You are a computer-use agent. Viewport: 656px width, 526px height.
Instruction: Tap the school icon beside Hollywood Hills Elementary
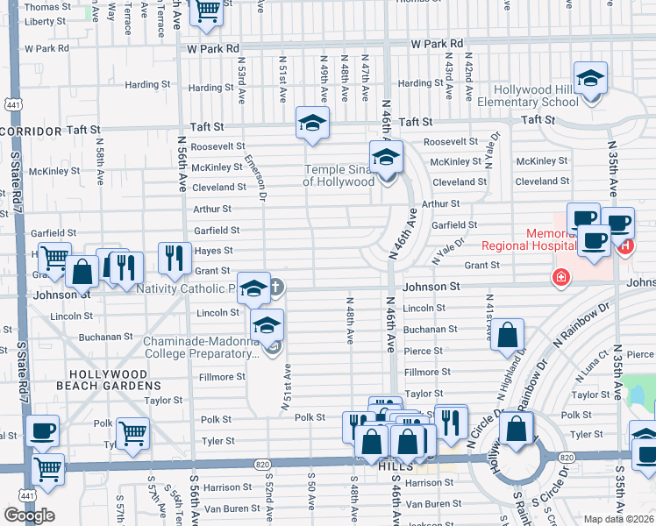(591, 79)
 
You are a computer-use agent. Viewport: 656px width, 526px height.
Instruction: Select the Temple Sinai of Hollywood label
(339, 175)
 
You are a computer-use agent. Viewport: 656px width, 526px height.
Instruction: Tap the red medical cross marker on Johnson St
(559, 278)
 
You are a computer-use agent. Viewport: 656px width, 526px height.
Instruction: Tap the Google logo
(29, 515)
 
